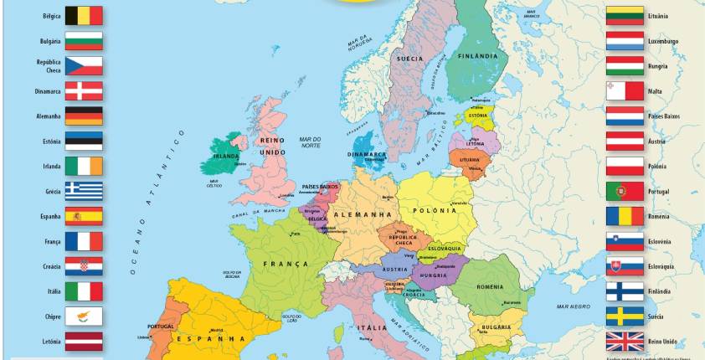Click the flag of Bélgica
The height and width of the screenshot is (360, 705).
point(84,16)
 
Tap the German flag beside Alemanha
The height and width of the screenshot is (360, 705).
point(84,116)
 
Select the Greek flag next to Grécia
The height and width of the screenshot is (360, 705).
point(84,191)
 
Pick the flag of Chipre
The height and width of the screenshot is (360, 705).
point(84,316)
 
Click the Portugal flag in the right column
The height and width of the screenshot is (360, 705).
point(625,191)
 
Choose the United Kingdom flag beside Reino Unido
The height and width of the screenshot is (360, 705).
point(625,341)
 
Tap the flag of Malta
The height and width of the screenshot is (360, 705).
point(625,90)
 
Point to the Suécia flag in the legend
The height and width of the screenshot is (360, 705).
point(625,316)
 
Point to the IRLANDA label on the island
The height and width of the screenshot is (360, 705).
point(226,156)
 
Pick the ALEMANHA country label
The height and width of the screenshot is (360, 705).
point(363,214)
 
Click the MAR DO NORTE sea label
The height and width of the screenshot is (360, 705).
point(311,142)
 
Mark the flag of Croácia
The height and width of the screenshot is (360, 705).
point(84,266)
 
